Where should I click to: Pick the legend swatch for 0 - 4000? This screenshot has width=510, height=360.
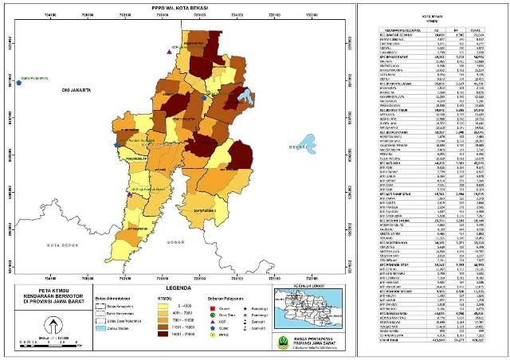pos(169,305)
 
